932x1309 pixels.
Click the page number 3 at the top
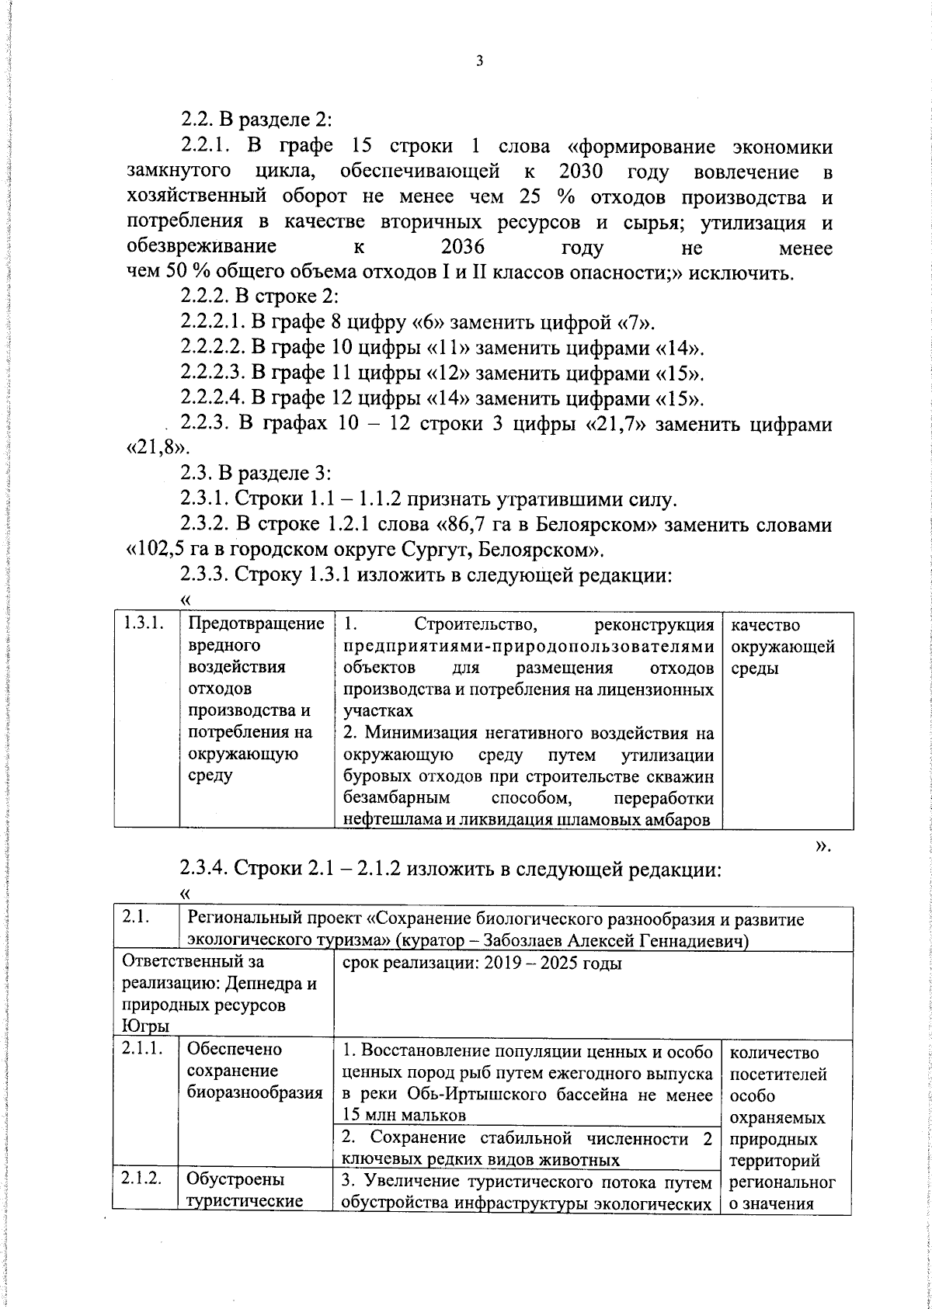click(x=479, y=61)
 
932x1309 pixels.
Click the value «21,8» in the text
click(x=155, y=450)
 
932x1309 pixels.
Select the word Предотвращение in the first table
click(x=256, y=625)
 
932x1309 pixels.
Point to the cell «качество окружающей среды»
click(x=781, y=647)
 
